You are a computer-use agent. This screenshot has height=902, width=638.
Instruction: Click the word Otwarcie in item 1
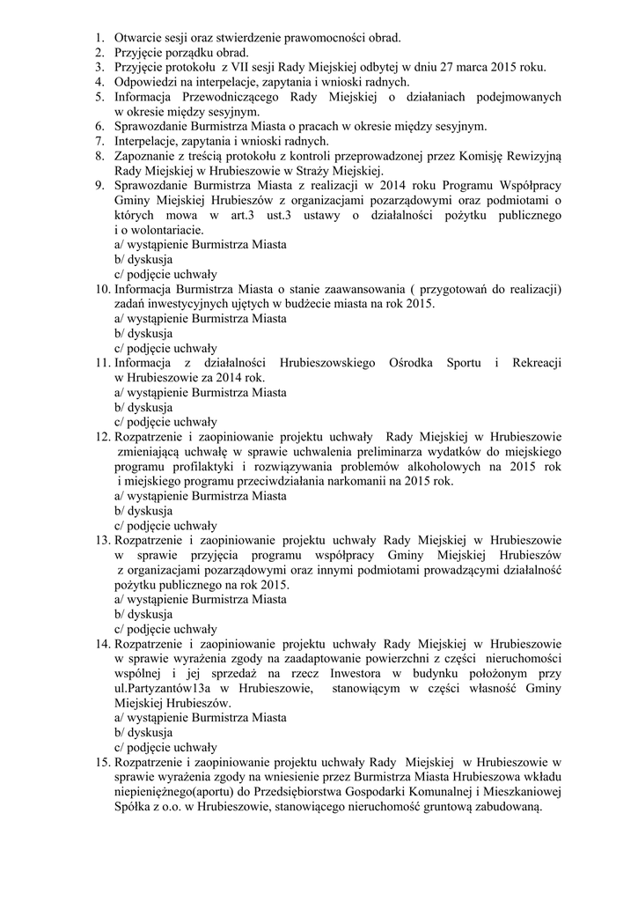click(139, 38)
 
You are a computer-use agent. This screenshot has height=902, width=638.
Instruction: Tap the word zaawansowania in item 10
click(338, 289)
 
